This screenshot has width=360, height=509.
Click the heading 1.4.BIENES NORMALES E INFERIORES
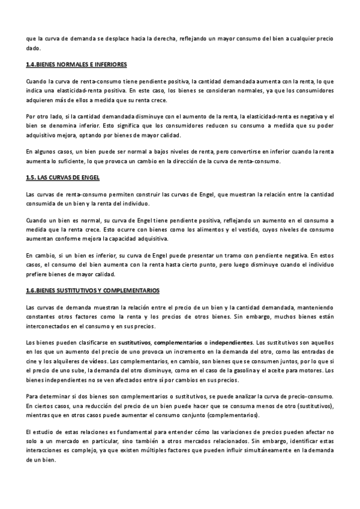click(x=76, y=64)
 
